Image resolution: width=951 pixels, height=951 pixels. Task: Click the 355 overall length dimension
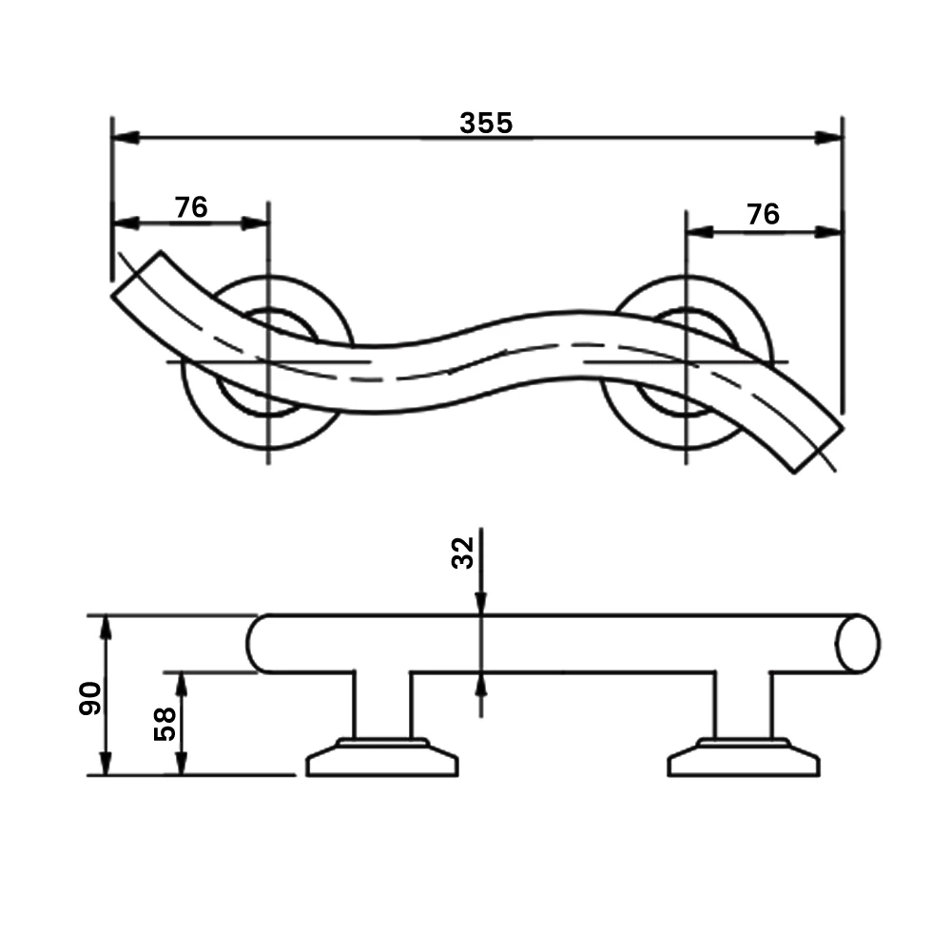pos(486,123)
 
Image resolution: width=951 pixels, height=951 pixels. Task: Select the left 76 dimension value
pos(191,207)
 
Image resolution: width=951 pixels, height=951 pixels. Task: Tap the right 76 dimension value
pos(763,214)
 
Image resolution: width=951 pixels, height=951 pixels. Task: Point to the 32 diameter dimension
pos(462,553)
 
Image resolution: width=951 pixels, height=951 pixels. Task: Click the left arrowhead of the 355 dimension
pos(126,138)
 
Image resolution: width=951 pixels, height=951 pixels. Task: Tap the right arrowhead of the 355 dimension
pos(828,138)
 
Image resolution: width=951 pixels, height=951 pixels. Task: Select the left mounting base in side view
pos(381,760)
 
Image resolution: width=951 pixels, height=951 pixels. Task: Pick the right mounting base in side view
pos(743,760)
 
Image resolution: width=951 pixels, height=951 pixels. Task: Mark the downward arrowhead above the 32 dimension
pos(481,603)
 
